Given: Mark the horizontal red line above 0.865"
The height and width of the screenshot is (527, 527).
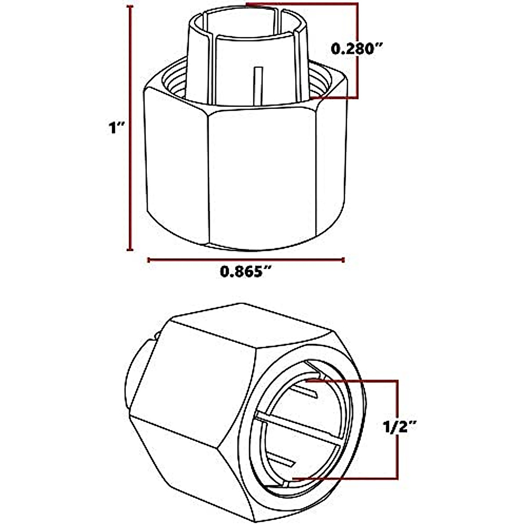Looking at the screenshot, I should (246, 260).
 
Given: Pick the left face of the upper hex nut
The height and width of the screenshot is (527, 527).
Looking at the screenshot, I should (176, 167).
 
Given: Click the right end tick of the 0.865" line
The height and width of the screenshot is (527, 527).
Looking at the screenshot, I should (343, 260).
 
